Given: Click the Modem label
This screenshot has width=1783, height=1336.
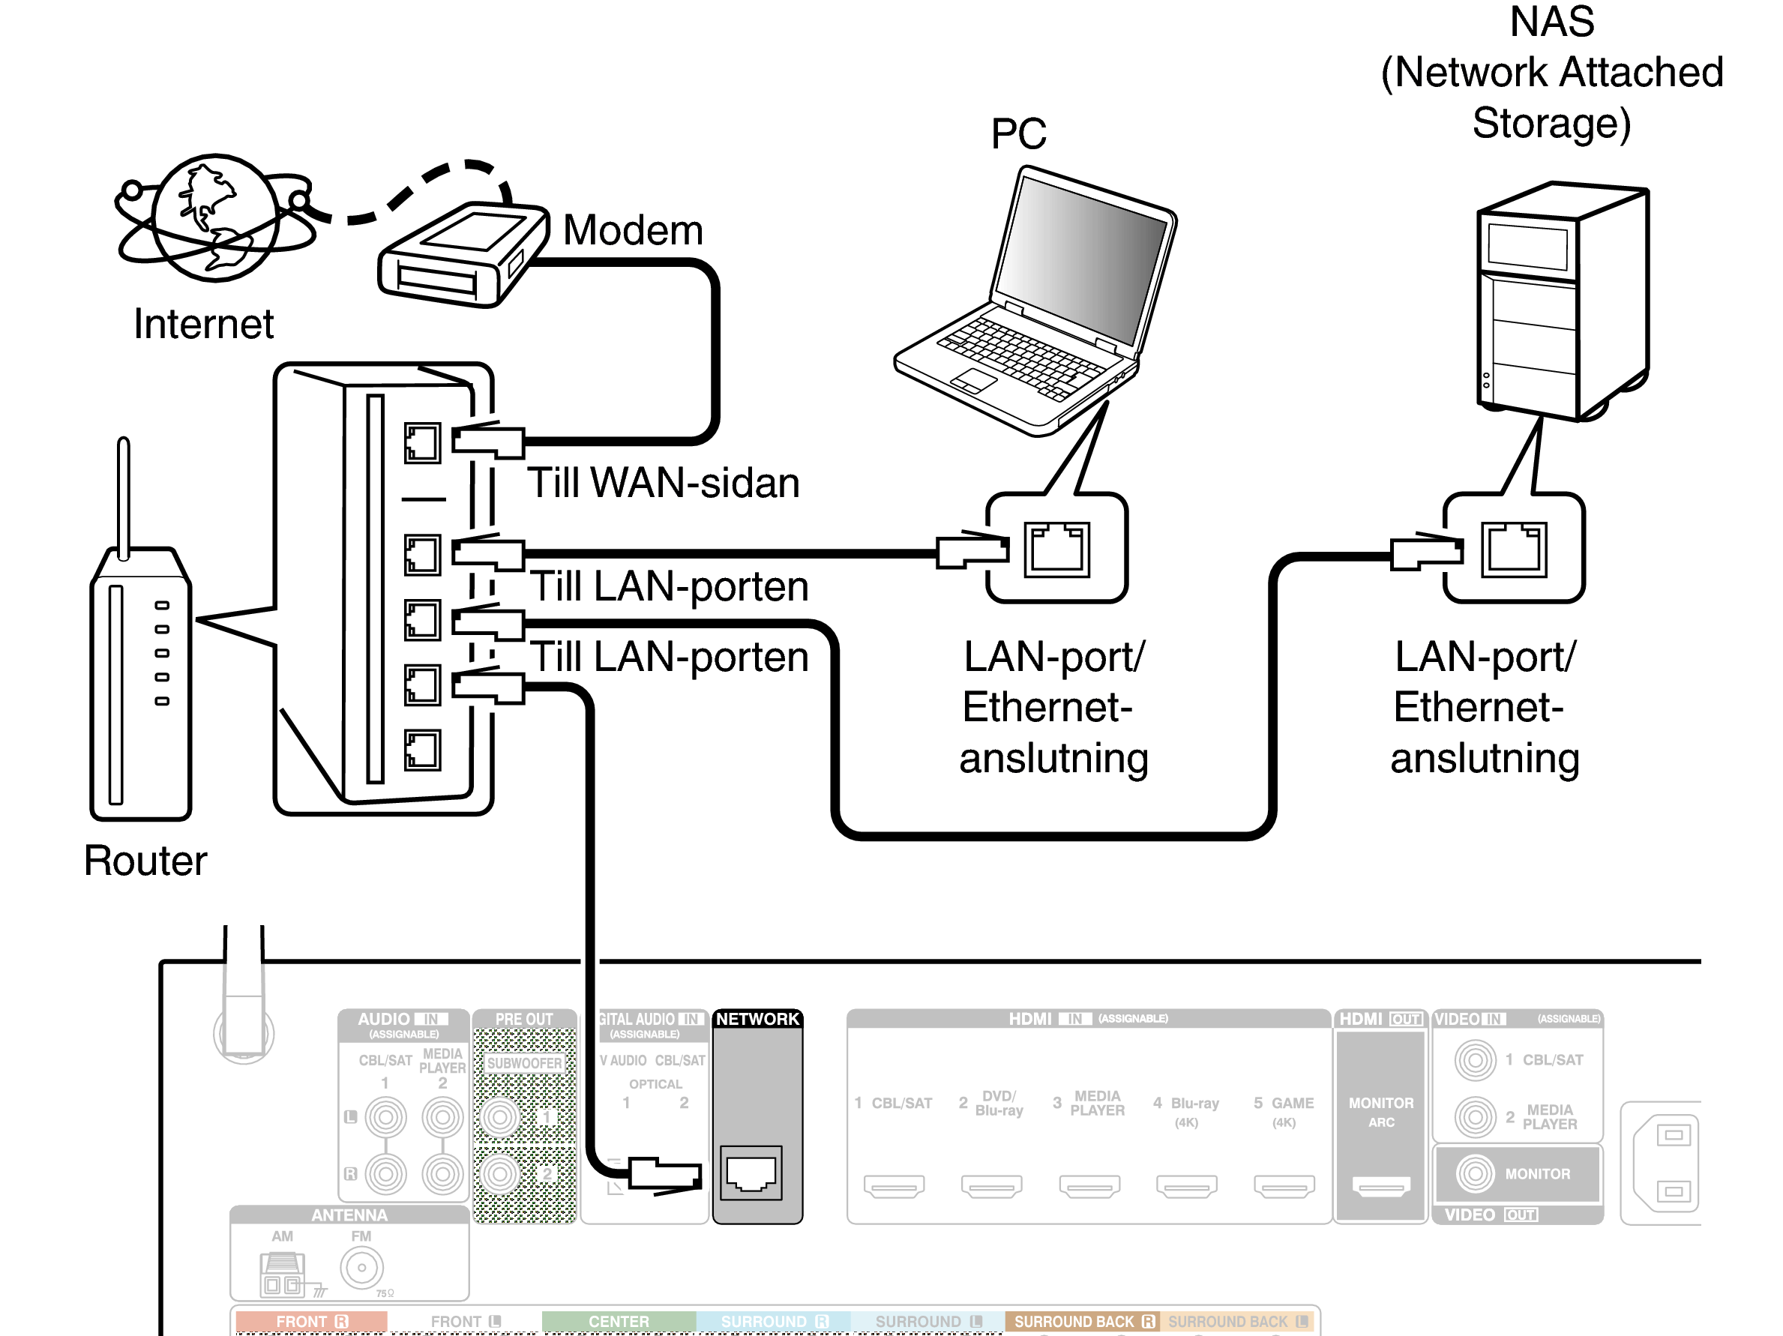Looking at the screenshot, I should (632, 230).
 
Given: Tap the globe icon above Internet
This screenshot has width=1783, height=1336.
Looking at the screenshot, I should (215, 217).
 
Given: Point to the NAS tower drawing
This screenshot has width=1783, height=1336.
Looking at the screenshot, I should (1562, 302).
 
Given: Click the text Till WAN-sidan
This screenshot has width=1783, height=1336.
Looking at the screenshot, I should (663, 484).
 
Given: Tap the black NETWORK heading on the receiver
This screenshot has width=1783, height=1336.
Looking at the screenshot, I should (757, 1020).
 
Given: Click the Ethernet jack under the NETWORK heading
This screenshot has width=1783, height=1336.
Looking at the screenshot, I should (751, 1173).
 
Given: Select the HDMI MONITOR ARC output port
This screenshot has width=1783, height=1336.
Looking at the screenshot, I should (1381, 1185).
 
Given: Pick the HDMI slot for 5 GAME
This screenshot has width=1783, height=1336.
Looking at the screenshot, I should (1283, 1185).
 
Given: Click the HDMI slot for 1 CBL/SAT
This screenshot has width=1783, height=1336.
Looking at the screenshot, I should (894, 1185).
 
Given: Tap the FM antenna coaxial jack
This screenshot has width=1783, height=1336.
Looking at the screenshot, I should (361, 1268).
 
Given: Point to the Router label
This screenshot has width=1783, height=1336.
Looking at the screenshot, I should (145, 861).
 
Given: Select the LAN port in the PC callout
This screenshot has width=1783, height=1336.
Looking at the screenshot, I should (1056, 550).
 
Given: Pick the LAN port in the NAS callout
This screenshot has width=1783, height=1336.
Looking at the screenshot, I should (1513, 550).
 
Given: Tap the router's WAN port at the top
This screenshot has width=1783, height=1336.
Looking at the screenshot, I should (422, 443).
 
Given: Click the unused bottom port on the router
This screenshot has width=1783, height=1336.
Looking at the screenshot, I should (422, 750).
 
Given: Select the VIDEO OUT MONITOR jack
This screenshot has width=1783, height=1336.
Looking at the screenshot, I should (1475, 1174).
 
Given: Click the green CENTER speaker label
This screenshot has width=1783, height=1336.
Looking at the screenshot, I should (619, 1322).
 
